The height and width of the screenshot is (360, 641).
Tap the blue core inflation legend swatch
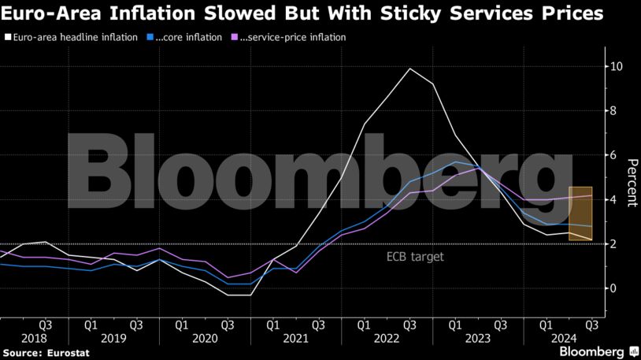150,37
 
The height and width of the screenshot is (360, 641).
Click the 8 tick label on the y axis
617,111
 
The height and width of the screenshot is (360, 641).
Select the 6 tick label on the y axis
617,155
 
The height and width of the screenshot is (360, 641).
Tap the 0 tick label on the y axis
617,288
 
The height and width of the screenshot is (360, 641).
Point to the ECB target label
415,257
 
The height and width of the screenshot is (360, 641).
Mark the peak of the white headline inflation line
410,69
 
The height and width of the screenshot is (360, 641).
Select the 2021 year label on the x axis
296,337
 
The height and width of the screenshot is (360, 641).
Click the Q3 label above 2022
410,323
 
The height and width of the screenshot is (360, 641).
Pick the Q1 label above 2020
182,323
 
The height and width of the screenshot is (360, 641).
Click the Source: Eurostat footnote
46,353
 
